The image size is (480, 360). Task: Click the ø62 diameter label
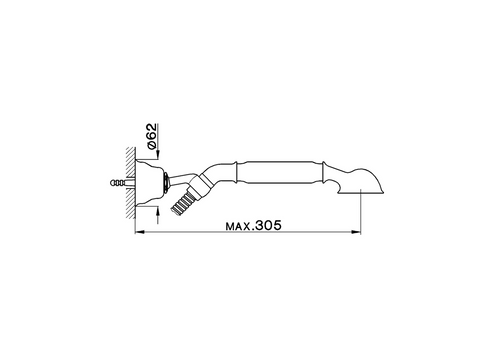click(151, 136)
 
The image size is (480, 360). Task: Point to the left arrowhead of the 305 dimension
click(139, 232)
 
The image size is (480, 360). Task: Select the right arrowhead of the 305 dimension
click(356, 232)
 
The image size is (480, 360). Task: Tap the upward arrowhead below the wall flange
click(158, 210)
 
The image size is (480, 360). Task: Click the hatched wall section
click(130, 183)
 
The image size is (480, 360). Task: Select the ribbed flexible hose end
click(180, 203)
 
